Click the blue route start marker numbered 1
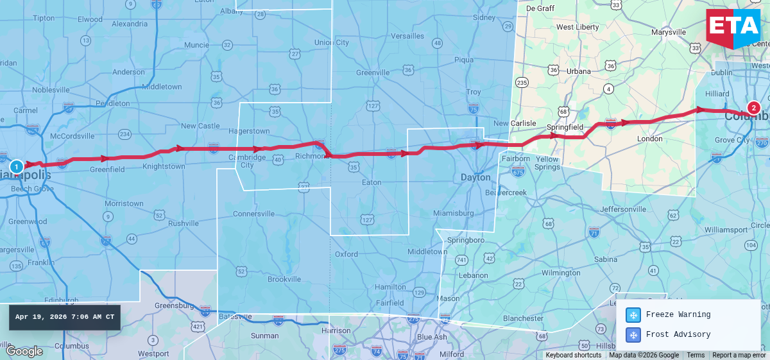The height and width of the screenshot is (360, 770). pos(17,166)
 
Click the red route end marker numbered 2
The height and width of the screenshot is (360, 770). pos(753,108)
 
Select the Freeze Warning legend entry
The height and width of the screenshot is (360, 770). pos(671,315)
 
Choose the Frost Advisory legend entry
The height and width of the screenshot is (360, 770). pos(671,334)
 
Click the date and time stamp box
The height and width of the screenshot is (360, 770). pos(65,317)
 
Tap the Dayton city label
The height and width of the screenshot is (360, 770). pos(475,177)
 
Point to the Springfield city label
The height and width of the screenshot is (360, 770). pos(565,127)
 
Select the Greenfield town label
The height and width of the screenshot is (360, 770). pos(107,170)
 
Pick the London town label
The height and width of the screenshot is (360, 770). pos(649,139)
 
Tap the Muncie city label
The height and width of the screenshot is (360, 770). pos(196,45)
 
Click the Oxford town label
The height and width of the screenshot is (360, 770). pos(346,254)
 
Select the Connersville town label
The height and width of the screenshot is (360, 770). pos(253,214)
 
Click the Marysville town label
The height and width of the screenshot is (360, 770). pos(669,32)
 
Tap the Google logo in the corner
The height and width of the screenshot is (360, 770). pos(24,351)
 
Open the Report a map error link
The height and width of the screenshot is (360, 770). pos(739,356)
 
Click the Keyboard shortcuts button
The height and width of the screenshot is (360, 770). pos(574,356)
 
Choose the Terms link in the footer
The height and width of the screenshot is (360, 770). pos(696,356)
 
